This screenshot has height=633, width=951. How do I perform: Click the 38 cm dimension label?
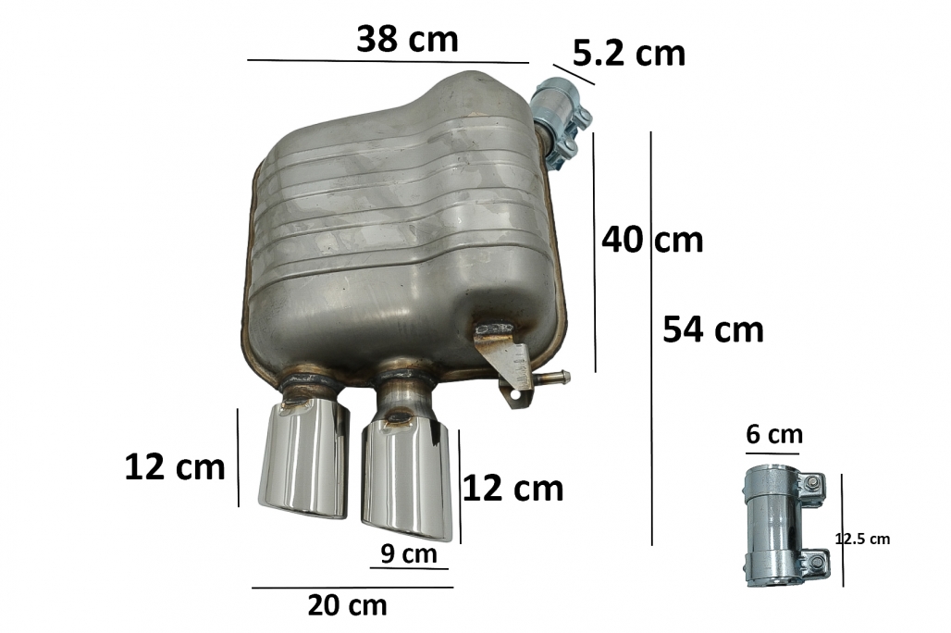[x=407, y=40]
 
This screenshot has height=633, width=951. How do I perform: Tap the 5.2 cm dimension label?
[x=629, y=54]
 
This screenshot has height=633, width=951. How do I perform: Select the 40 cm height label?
[x=652, y=240]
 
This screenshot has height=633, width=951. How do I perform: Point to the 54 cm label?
[x=712, y=329]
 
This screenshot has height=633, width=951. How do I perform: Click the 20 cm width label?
[x=347, y=605]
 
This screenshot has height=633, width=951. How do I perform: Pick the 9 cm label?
[x=409, y=553]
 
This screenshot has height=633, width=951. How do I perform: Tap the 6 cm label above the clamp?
[x=774, y=435]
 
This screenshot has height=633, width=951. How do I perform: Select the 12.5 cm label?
[x=862, y=539]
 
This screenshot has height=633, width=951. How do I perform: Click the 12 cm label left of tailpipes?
[x=175, y=467]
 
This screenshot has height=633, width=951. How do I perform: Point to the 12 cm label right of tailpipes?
[x=513, y=489]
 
